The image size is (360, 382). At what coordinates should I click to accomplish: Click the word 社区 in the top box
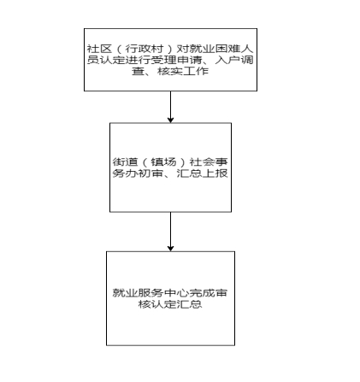(x=99, y=49)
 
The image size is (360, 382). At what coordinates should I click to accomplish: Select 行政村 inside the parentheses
(x=145, y=49)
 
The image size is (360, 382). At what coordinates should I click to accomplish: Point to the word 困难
(x=228, y=49)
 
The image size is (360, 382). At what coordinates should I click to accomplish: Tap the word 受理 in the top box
(x=163, y=60)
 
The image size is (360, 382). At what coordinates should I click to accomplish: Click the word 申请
(x=189, y=60)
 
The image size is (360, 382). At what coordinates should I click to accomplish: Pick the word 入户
(x=228, y=60)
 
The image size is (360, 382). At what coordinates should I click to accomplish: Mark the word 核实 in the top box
(x=170, y=71)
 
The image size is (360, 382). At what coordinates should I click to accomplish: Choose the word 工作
(x=196, y=71)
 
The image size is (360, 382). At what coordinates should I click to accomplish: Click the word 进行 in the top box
(x=138, y=60)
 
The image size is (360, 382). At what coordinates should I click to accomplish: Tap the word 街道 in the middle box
(x=125, y=162)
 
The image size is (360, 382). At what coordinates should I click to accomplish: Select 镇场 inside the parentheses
(x=164, y=162)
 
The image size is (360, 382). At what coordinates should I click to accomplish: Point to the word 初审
(x=150, y=173)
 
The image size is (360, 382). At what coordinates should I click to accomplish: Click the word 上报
(x=215, y=173)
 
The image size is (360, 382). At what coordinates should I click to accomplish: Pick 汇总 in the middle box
(x=190, y=173)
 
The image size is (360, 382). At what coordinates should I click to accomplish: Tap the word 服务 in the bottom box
(x=150, y=293)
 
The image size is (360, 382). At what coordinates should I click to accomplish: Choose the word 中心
(x=176, y=293)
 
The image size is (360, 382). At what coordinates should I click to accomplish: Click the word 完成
(x=202, y=293)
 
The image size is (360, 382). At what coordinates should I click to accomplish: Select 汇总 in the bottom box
(x=190, y=304)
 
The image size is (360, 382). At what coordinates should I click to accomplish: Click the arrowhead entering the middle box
(x=170, y=120)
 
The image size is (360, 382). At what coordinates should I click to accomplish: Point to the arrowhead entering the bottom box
(x=170, y=248)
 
